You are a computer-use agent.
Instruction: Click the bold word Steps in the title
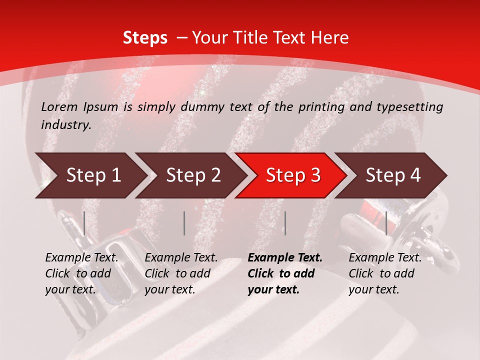pos(145,37)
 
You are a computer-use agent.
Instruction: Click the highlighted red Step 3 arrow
pos(293,175)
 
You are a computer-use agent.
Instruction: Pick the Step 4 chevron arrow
pos(393,175)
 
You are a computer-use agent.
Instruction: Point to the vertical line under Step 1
pos(84,223)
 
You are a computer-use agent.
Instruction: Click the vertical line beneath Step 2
pos(184,223)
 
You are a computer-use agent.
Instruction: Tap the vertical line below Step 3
pos(285,223)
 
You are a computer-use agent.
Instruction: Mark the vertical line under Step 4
pos(386,223)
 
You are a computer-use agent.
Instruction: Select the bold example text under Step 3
pos(285,273)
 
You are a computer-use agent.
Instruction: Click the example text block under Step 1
pos(81,273)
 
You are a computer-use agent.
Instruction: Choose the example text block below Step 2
pos(181,273)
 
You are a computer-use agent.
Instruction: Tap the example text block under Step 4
pos(385,273)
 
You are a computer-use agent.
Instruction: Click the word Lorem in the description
pos(58,106)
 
